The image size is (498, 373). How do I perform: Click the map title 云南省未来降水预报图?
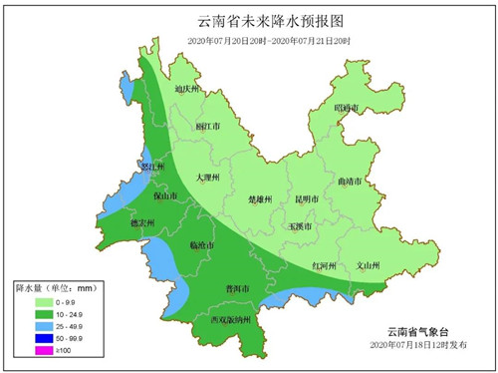click(249, 21)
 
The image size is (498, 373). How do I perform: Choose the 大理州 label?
click(207, 178)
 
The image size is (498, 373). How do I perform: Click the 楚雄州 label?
click(259, 199)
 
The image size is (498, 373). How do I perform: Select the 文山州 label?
click(369, 266)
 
